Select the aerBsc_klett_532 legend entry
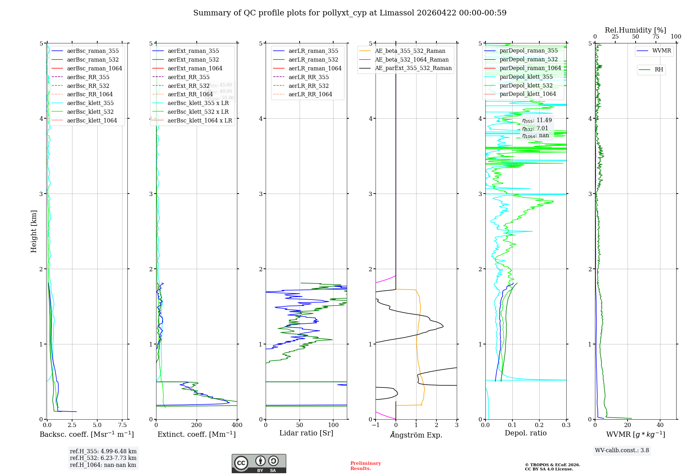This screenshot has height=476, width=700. coord(90,112)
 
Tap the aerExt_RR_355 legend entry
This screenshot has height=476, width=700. coord(188,77)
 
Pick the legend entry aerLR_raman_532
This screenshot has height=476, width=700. coord(313,59)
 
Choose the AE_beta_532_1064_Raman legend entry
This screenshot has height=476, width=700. coord(411,59)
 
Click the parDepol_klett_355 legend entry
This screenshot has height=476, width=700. coord(526,77)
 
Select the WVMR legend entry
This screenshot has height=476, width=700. coord(661,51)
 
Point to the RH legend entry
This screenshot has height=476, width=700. coord(658,70)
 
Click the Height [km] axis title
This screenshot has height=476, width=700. coord(34,231)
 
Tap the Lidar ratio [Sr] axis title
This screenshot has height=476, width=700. coord(306,433)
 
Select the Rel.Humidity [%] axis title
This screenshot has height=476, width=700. coord(635,30)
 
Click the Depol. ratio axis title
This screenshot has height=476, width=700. coord(525,433)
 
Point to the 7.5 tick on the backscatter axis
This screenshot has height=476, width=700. coord(122,425)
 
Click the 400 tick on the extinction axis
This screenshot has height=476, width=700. coord(237,425)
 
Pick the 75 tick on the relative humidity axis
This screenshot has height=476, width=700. coord(656,37)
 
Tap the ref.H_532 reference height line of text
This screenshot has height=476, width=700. coord(103,458)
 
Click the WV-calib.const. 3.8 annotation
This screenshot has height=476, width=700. coord(622,450)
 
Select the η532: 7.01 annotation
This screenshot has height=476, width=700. coord(535,128)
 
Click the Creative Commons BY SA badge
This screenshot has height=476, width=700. coord(259,463)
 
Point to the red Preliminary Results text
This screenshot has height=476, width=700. coord(365,465)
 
